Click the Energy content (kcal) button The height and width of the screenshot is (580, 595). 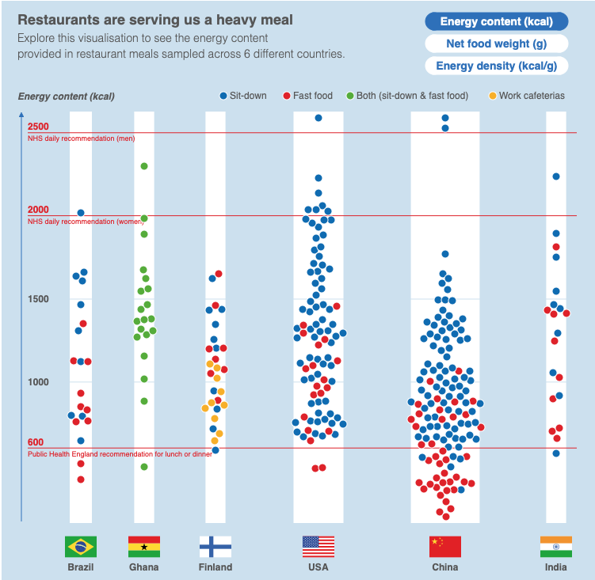click(x=497, y=22)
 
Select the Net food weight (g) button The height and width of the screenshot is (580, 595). click(x=497, y=44)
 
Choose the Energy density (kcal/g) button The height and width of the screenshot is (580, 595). click(x=497, y=66)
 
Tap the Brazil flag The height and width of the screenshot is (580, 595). click(x=81, y=547)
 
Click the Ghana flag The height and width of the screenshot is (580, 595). click(x=144, y=547)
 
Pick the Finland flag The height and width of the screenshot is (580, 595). click(x=215, y=547)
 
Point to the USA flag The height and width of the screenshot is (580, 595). click(x=318, y=547)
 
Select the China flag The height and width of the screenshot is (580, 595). click(x=445, y=547)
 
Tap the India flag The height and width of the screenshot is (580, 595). click(x=556, y=547)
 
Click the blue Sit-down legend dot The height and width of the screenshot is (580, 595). click(x=223, y=96)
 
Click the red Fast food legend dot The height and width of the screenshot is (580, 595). click(x=286, y=96)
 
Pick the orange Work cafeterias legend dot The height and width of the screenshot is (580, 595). click(x=492, y=96)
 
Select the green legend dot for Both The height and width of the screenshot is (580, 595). click(x=349, y=96)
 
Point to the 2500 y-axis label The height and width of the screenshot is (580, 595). click(x=38, y=127)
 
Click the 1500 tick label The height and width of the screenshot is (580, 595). click(x=38, y=299)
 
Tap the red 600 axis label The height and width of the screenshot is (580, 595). click(x=36, y=442)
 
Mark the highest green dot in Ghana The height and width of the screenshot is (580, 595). click(x=144, y=166)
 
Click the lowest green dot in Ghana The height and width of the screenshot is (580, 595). click(x=144, y=467)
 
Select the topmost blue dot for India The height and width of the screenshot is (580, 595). click(x=556, y=176)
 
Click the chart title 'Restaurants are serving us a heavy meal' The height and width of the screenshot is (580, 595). click(x=154, y=19)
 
